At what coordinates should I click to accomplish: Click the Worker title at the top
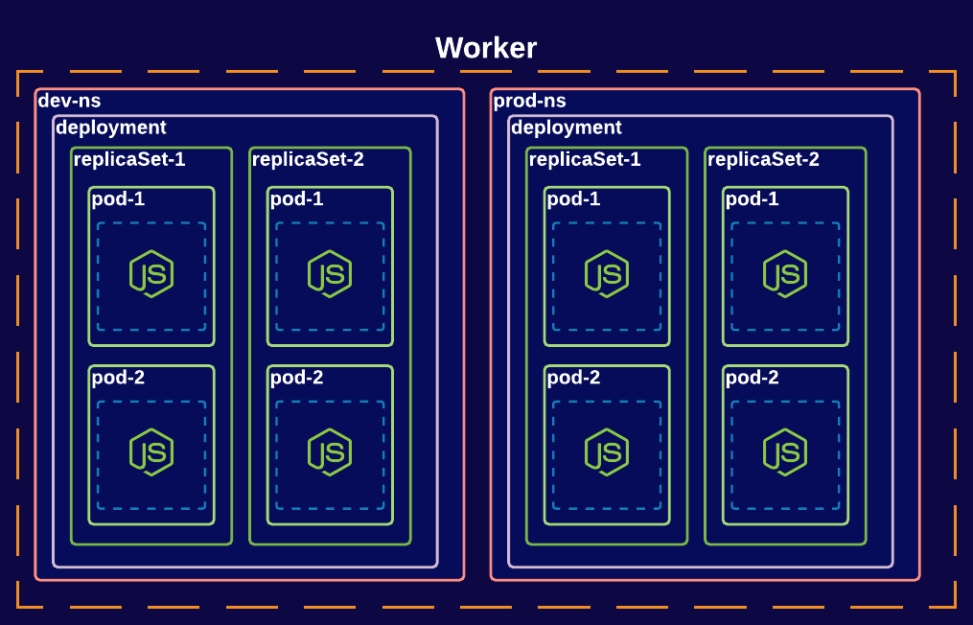pyautogui.click(x=486, y=48)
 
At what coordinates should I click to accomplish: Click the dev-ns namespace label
pyautogui.click(x=69, y=101)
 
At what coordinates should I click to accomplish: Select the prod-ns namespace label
pyautogui.click(x=529, y=101)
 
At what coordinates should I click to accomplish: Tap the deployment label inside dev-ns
pyautogui.click(x=111, y=127)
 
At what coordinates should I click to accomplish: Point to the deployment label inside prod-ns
pyautogui.click(x=567, y=127)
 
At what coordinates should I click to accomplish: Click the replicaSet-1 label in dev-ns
pyautogui.click(x=129, y=159)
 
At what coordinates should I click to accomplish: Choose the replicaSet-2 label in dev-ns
pyautogui.click(x=308, y=159)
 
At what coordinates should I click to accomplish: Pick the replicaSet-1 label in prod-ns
pyautogui.click(x=585, y=159)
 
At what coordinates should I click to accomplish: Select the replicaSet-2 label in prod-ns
pyautogui.click(x=763, y=159)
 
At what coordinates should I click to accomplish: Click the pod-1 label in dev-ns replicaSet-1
pyautogui.click(x=119, y=199)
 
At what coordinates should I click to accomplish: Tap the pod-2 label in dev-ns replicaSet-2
pyautogui.click(x=297, y=378)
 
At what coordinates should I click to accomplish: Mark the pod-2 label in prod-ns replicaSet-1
pyautogui.click(x=574, y=378)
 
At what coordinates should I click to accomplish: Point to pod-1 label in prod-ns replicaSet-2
pyautogui.click(x=753, y=199)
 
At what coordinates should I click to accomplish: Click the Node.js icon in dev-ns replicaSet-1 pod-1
pyautogui.click(x=151, y=274)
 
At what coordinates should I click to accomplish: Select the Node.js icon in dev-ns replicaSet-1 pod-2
pyautogui.click(x=151, y=452)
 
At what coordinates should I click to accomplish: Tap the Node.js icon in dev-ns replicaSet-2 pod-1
pyautogui.click(x=330, y=274)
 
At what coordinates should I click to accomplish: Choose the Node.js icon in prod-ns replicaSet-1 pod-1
pyautogui.click(x=607, y=274)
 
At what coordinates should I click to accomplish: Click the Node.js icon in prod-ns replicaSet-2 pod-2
pyautogui.click(x=785, y=452)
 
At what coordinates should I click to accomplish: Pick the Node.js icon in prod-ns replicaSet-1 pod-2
pyautogui.click(x=607, y=452)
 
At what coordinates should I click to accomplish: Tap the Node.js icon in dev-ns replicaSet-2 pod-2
pyautogui.click(x=330, y=452)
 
